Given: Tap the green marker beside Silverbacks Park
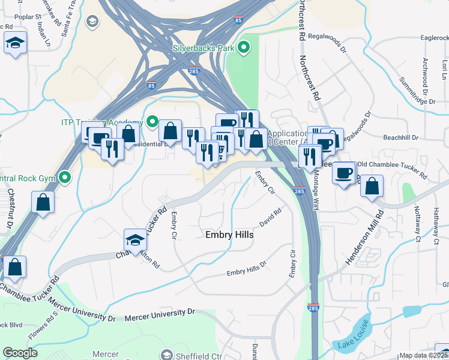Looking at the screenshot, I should click(x=244, y=47).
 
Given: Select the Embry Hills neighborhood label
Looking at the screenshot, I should click(x=229, y=235).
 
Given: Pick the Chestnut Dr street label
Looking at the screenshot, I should click(x=10, y=206).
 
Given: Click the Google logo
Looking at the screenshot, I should click(x=20, y=353).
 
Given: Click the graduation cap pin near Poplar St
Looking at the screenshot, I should click(x=14, y=44).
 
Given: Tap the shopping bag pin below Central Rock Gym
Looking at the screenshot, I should click(x=44, y=202).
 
